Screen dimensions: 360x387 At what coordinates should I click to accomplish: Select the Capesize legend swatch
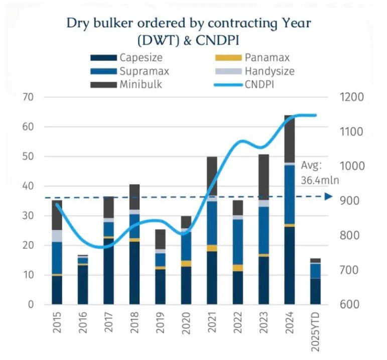[x=102, y=58]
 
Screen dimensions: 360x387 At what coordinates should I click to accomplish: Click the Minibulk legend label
[x=140, y=85]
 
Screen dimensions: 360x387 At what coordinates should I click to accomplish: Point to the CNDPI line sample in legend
[x=227, y=85]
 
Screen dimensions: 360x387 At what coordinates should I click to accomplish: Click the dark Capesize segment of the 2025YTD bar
[x=315, y=291]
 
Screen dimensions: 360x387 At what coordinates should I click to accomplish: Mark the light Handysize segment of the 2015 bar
[x=57, y=235]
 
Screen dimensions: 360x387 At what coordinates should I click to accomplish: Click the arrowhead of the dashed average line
[x=329, y=197]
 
